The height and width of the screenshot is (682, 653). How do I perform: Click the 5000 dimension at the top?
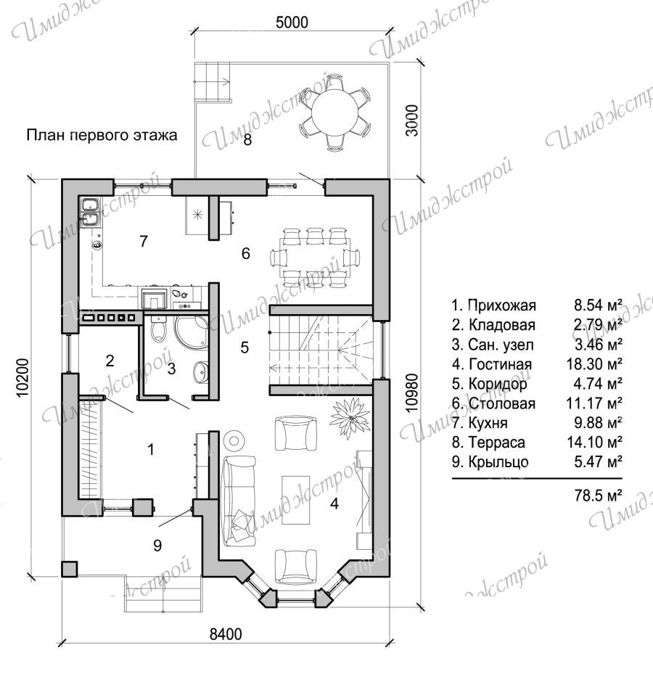coord(292,22)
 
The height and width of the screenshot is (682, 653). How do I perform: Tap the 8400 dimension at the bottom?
coord(226,634)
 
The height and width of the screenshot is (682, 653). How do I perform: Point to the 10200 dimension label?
coord(22,377)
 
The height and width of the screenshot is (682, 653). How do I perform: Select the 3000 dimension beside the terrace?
coord(411,120)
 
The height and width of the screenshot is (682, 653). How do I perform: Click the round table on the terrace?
coord(335,112)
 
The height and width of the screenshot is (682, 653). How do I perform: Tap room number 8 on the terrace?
coord(247,139)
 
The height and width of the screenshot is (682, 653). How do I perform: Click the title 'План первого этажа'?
coord(102,135)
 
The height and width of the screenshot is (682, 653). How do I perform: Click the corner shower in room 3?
coord(192,331)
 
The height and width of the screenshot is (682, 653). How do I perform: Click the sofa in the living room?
coord(239,501)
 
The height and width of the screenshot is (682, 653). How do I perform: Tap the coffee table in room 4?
coord(296,500)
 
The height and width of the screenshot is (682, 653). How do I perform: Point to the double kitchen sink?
coord(90,213)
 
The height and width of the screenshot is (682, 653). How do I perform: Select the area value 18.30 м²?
coord(594,363)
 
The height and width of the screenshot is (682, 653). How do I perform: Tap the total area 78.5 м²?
coord(598,495)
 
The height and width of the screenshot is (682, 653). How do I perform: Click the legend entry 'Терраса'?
coord(497,443)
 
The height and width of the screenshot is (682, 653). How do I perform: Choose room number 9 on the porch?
coord(157,545)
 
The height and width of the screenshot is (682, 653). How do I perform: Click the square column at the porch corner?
coord(70,569)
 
